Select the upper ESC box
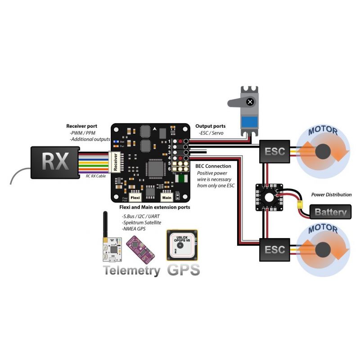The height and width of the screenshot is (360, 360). (x=274, y=151)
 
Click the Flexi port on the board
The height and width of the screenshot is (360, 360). (x=135, y=197)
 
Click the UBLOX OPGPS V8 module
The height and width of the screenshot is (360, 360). (x=182, y=246)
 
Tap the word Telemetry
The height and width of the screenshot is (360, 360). (x=131, y=270)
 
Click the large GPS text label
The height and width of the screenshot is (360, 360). (x=183, y=270)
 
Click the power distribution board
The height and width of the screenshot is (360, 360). (x=270, y=196)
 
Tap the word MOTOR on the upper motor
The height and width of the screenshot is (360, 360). (x=323, y=131)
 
